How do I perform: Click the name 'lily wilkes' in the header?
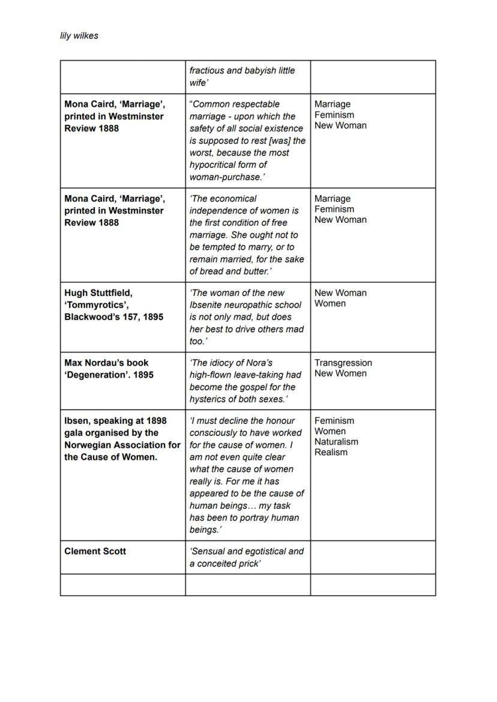click(x=79, y=35)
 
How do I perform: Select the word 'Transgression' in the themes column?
click(x=343, y=363)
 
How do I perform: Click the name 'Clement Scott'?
click(x=95, y=551)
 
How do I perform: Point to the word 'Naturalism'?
click(x=336, y=442)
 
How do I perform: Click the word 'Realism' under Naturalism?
click(x=331, y=452)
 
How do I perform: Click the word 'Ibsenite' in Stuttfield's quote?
click(x=208, y=305)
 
